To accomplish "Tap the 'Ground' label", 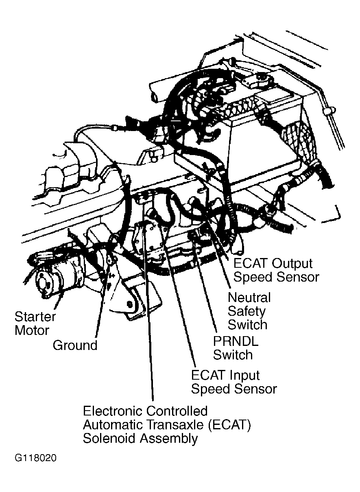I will (x=75, y=345).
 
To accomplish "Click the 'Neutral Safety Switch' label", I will (x=249, y=311).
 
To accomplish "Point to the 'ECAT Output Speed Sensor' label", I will (x=276, y=270).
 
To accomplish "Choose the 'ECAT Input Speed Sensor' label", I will (x=233, y=382).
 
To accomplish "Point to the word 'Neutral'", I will (x=249, y=297).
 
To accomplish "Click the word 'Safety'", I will (x=247, y=311).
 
